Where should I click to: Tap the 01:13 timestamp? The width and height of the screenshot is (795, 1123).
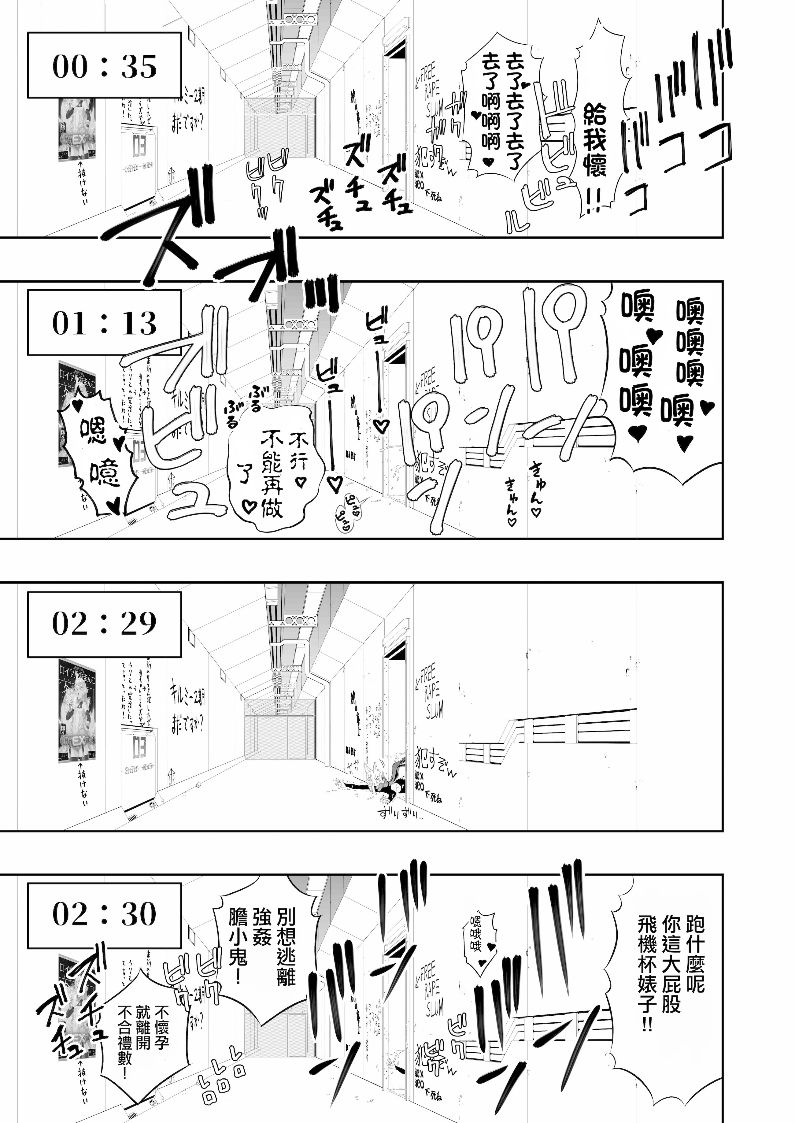pos(104,323)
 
